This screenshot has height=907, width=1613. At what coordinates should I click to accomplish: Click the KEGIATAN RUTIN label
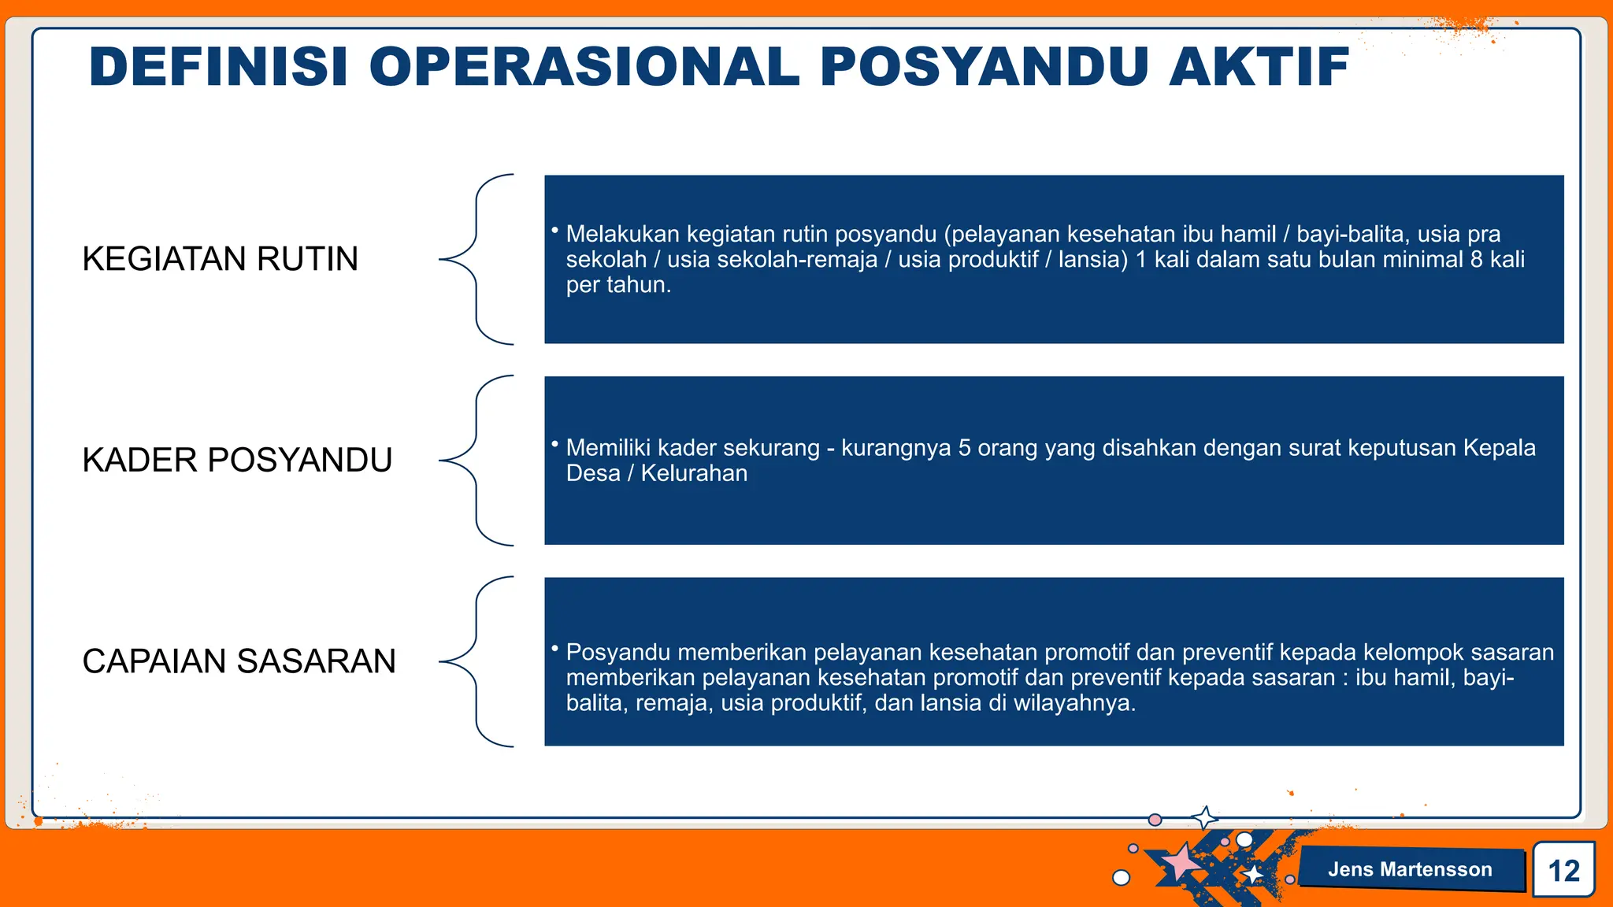pos(220,259)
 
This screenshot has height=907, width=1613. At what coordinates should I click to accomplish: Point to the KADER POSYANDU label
pos(237,460)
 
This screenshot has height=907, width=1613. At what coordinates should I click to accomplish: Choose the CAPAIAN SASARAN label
pos(239,661)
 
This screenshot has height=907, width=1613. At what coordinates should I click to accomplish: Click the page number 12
pos(1563,871)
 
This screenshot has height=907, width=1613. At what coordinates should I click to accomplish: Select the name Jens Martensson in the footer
pos(1410,869)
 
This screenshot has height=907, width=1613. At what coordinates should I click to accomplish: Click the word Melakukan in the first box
pos(622,234)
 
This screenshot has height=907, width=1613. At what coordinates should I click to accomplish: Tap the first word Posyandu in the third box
pos(618,652)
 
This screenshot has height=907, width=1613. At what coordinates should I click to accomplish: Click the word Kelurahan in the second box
pos(694,473)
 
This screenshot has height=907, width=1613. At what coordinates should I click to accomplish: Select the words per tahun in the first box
pos(618,285)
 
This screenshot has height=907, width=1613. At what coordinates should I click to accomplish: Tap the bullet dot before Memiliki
pos(554,444)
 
